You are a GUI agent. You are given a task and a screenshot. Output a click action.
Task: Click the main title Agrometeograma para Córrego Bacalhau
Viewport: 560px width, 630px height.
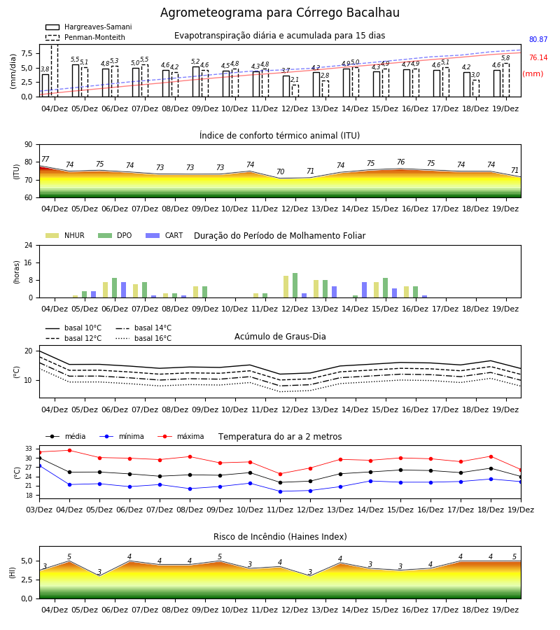(x=279, y=13)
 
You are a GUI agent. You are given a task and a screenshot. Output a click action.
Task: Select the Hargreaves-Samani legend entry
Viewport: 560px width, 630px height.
(x=89, y=27)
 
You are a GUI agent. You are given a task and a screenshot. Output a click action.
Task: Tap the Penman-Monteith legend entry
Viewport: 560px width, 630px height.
(x=85, y=37)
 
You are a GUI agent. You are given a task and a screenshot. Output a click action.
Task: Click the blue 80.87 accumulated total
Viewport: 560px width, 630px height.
(x=538, y=39)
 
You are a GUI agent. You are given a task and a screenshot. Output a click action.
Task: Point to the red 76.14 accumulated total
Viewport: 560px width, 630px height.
(x=538, y=57)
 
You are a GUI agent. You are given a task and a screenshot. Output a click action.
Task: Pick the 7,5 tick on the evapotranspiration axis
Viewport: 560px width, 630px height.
(x=27, y=53)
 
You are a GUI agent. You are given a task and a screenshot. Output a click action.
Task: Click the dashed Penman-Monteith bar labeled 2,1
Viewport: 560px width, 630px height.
(x=295, y=91)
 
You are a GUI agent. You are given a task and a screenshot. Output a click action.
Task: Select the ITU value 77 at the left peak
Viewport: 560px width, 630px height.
(x=45, y=159)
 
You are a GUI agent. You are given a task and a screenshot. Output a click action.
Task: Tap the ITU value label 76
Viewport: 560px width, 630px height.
(x=400, y=162)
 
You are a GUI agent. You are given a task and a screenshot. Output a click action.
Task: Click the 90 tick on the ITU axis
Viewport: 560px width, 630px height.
(x=29, y=145)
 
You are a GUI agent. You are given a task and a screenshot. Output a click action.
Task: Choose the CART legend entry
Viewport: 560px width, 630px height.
(x=164, y=235)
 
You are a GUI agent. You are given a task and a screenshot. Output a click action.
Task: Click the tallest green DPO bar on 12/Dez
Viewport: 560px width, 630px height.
(x=295, y=286)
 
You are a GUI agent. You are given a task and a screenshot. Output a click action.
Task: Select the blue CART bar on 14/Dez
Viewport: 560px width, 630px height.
(x=365, y=290)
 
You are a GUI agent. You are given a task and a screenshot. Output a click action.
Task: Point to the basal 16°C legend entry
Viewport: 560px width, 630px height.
(x=143, y=338)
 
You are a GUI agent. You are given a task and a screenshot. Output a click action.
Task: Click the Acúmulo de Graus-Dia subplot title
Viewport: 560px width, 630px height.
(x=280, y=337)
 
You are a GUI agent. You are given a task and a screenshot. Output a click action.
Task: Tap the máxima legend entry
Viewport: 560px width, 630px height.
(x=181, y=436)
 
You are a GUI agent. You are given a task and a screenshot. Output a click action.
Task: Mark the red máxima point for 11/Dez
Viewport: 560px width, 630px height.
(x=281, y=474)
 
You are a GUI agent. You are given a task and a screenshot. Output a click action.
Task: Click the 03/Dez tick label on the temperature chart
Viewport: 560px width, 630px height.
(x=39, y=510)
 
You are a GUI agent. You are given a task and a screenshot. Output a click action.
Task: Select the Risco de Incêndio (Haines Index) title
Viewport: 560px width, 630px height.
(x=280, y=537)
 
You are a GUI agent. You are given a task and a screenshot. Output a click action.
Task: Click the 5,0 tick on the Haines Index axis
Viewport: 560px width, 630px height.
(x=27, y=561)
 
